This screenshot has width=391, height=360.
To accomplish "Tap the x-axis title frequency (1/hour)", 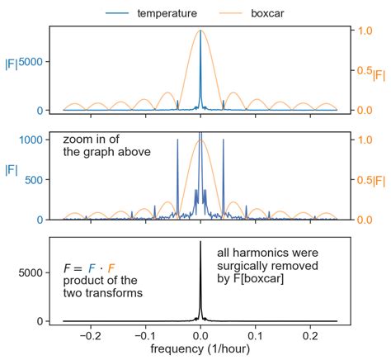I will pos(200,350).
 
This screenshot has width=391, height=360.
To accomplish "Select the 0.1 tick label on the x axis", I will pos(256,336).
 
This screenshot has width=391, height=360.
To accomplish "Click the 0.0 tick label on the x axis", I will pos(200,336).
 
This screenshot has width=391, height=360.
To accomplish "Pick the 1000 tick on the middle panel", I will pos(31,140).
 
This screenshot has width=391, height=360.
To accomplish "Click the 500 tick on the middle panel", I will pos(34,179).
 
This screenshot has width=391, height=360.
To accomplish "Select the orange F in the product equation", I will pos(111,268).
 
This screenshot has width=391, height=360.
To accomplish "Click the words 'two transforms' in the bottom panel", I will pos(103,293).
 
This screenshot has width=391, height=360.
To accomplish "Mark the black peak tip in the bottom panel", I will pos(200,243).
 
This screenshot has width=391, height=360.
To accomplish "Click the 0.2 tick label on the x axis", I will pos(310,336).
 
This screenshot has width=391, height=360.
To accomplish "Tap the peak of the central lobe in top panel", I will pos(200,31).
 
